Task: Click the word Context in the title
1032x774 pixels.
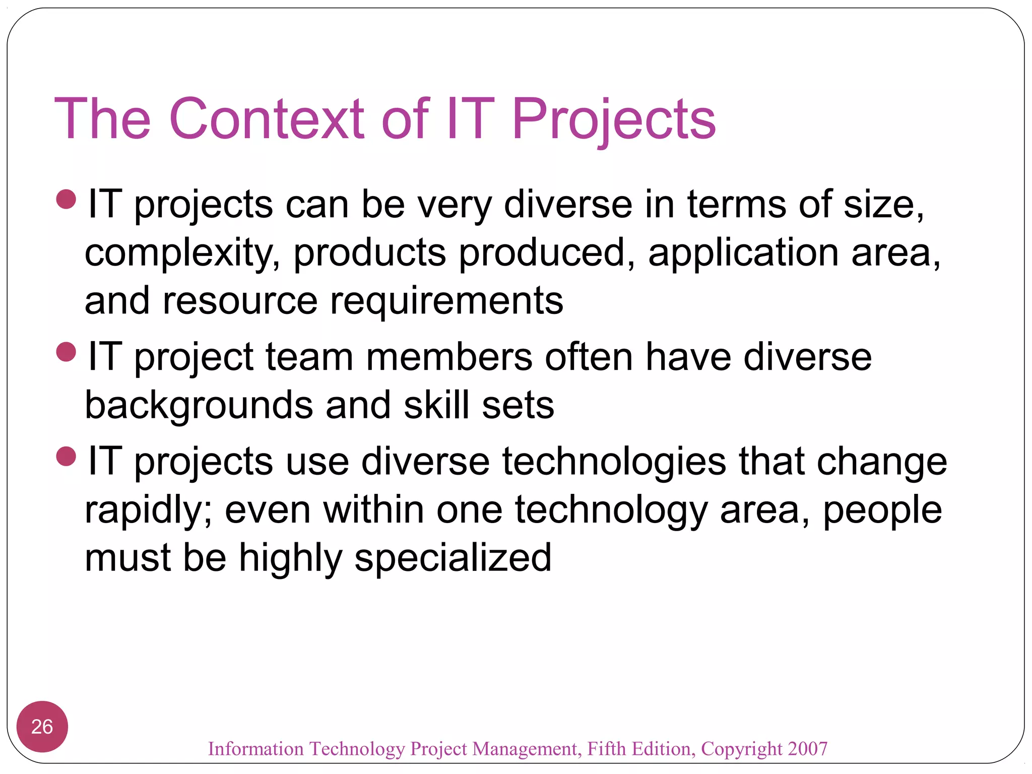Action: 267,119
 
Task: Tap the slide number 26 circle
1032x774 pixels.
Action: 42,726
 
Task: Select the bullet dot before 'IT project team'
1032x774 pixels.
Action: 67,352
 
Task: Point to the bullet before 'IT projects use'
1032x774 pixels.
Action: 67,457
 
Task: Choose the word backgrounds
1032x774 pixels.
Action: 199,405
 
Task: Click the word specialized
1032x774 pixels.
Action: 453,558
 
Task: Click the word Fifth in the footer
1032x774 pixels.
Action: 607,749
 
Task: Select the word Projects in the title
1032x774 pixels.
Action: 613,120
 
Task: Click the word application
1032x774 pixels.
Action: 743,253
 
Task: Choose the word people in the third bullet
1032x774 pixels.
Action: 882,510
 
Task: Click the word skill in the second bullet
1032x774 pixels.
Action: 436,405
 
